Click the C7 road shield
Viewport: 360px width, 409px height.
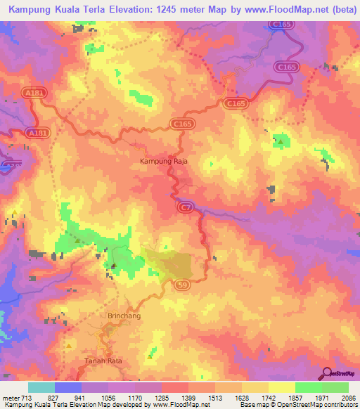pyautogui.click(x=186, y=207)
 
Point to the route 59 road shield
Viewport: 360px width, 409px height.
pyautogui.click(x=181, y=284)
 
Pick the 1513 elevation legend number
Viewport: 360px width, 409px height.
pyautogui.click(x=216, y=397)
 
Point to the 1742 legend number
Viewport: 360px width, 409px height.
pyautogui.click(x=269, y=397)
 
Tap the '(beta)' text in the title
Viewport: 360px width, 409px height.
pyautogui.click(x=338, y=8)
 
